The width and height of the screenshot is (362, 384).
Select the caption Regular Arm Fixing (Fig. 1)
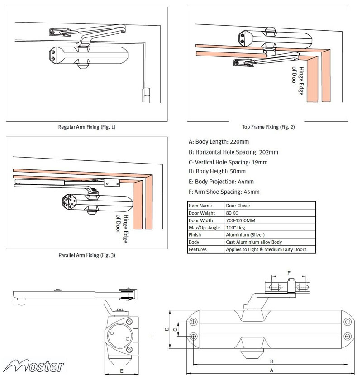[x=87, y=127]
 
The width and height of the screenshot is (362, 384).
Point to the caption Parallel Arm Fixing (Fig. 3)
[x=87, y=255]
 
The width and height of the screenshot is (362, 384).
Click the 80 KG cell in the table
[x=235, y=213]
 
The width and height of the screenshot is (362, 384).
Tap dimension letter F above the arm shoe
[x=290, y=272]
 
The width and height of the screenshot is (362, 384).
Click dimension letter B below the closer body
[x=271, y=361]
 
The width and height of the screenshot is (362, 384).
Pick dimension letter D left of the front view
[x=167, y=329]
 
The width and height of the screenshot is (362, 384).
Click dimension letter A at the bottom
[x=271, y=370]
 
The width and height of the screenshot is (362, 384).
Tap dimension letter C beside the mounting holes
[x=175, y=329]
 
